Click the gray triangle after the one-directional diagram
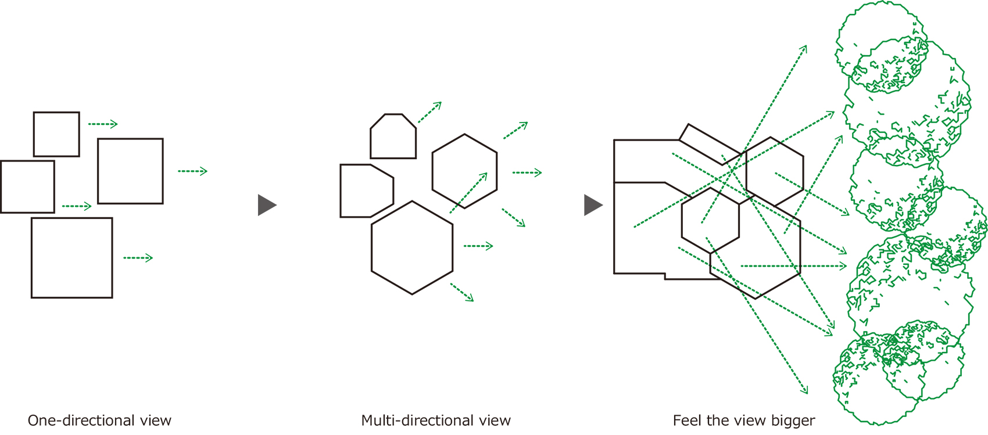(x=266, y=205)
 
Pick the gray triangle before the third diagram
(x=592, y=205)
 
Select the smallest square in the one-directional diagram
(x=56, y=134)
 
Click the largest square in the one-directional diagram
(x=71, y=258)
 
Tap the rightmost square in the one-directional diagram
(x=130, y=171)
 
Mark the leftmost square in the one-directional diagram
(x=27, y=187)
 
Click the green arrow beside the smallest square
(x=103, y=124)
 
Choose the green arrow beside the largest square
(x=138, y=258)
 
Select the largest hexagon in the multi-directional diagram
(x=412, y=247)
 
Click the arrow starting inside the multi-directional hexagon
(x=468, y=192)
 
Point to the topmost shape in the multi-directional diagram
(x=393, y=136)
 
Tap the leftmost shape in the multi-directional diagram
(x=366, y=190)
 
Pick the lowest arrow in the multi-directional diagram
(x=462, y=292)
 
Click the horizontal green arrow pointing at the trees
(x=793, y=266)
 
